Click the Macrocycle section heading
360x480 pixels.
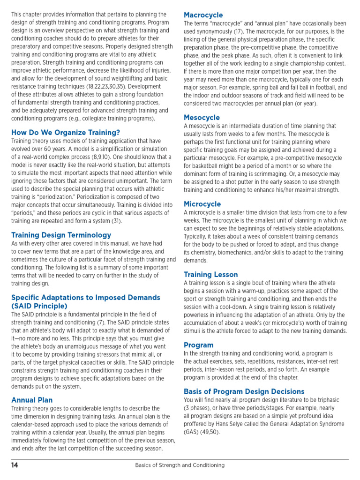coord(203,15)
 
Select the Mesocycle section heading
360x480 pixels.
coord(202,117)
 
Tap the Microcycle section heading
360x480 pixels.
coord(202,204)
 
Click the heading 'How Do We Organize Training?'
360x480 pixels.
coord(66,133)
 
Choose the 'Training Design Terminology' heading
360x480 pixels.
coord(61,235)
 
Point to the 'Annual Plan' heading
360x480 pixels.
coord(32,400)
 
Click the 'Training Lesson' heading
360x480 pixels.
coord(210,274)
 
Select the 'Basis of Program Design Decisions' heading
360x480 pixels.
coord(244,391)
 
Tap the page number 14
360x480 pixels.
coord(15,465)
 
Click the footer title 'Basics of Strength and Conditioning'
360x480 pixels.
coord(180,465)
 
